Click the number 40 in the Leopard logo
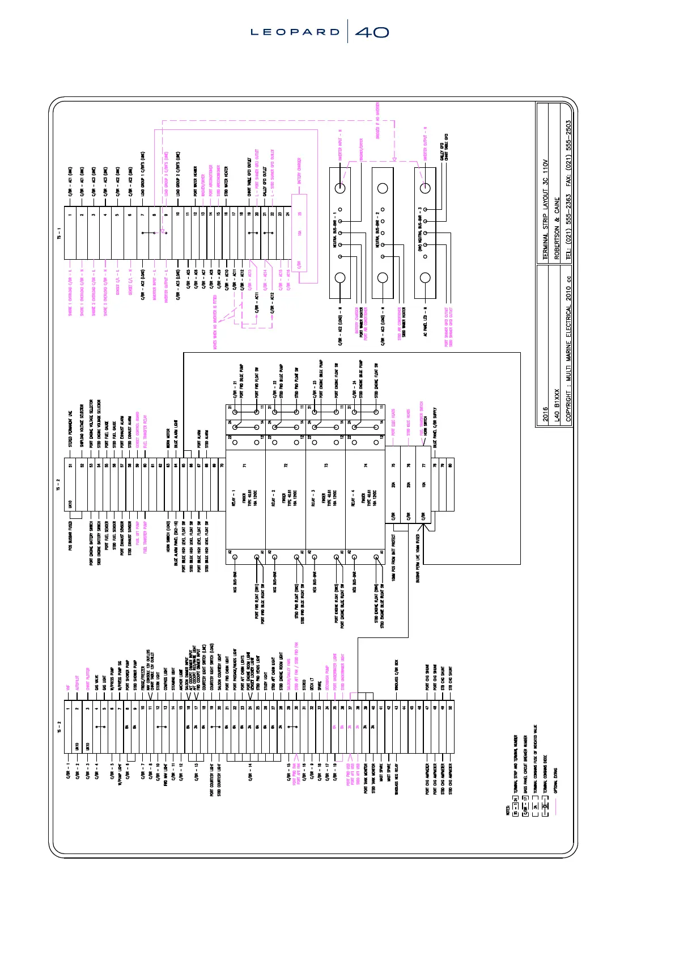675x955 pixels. click(372, 32)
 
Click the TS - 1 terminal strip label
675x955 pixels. click(59, 233)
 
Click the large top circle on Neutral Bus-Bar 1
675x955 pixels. click(341, 188)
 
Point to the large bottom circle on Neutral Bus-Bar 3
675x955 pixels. click(425, 278)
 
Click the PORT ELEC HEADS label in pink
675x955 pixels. click(393, 422)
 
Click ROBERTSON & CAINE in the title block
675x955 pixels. click(557, 228)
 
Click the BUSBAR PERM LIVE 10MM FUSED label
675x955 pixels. click(418, 559)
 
